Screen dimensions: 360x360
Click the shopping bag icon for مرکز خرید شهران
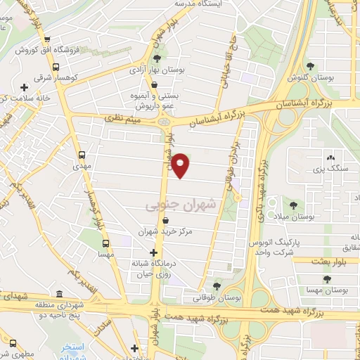(165, 220)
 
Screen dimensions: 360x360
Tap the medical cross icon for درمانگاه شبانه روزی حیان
(154, 252)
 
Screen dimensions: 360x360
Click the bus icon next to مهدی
(82, 153)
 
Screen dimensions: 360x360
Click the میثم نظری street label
(124, 121)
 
